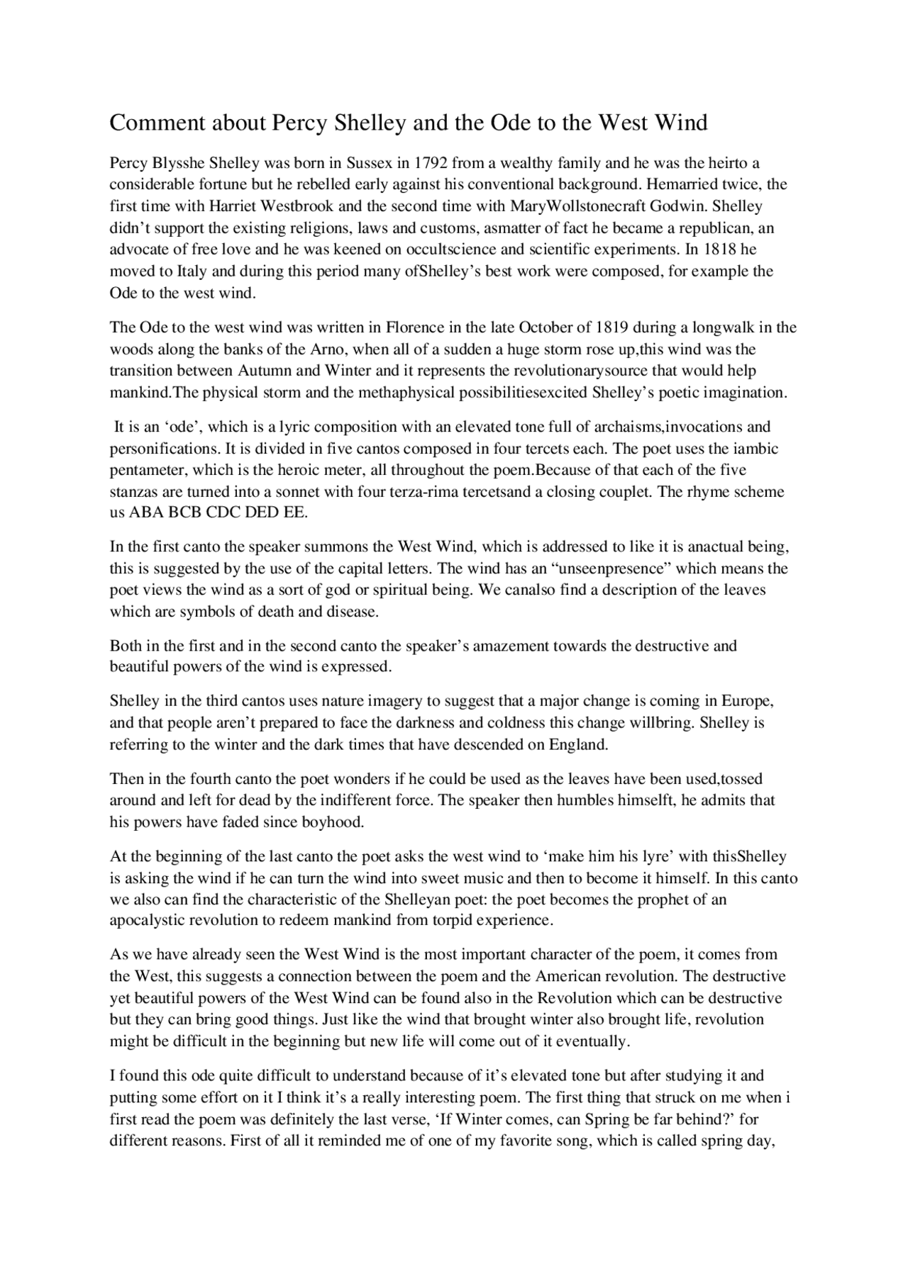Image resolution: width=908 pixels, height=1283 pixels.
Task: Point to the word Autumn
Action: coord(263,371)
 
